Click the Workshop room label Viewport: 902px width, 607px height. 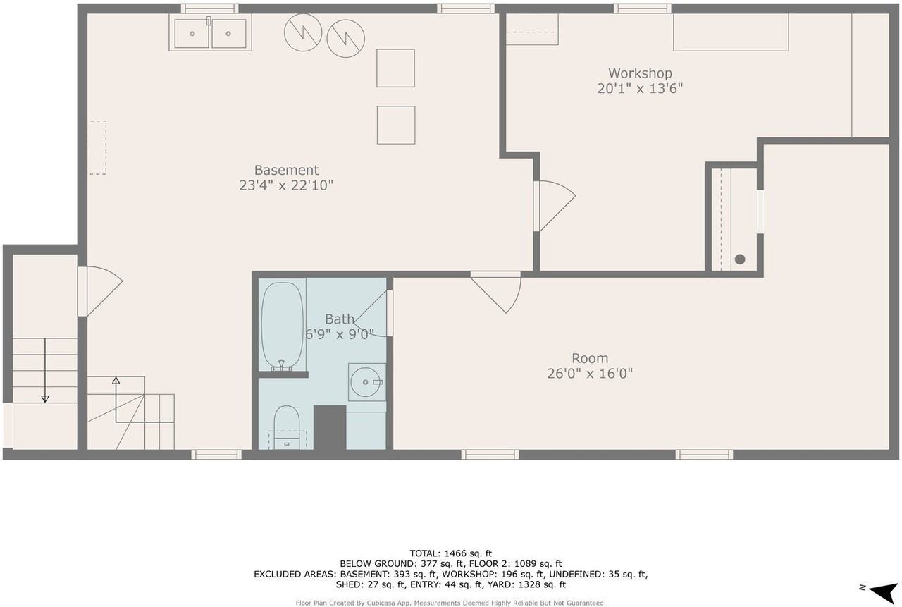pos(640,73)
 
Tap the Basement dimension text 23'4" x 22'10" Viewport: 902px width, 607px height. pos(286,185)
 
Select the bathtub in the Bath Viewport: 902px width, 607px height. pos(282,324)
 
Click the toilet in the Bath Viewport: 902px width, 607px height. pos(287,426)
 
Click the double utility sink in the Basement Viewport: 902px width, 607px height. pos(210,33)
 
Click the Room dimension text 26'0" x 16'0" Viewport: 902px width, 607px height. pos(590,374)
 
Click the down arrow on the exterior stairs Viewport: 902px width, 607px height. pos(45,370)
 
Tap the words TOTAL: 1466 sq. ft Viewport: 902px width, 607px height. pos(451,553)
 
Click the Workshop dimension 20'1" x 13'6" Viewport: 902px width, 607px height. pos(640,89)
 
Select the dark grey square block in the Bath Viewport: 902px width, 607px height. pos(329,427)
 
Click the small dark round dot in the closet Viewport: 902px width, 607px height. pos(740,259)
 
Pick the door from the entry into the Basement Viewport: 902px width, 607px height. pos(101,290)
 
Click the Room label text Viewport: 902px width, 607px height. pos(590,358)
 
